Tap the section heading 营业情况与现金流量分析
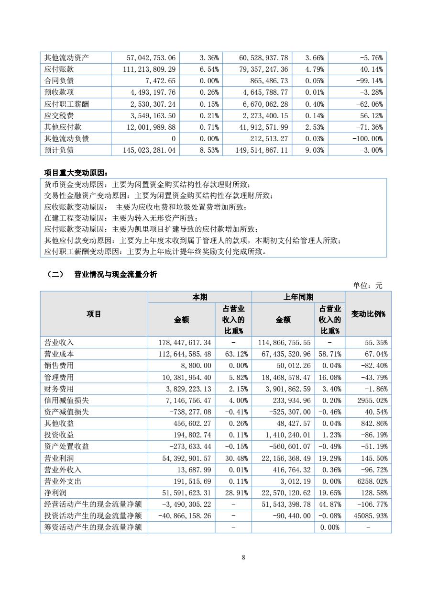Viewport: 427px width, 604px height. point(115,274)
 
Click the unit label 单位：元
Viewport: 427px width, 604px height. point(367,285)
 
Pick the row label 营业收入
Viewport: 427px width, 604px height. point(59,343)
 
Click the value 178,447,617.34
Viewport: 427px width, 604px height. point(185,343)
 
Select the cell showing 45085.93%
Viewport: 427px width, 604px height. point(370,515)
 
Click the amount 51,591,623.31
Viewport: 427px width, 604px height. point(185,492)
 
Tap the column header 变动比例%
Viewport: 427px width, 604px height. point(368,314)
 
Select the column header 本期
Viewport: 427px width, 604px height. point(199,297)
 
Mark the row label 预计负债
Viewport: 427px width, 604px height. point(59,150)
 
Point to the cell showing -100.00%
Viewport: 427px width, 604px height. point(367,138)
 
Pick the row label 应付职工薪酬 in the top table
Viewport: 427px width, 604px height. point(66,104)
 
